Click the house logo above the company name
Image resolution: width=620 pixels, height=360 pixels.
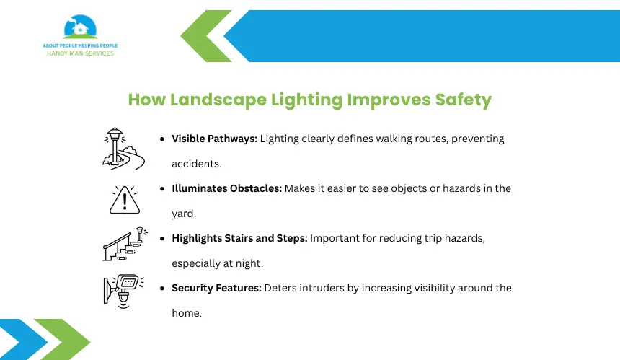(x=80, y=27)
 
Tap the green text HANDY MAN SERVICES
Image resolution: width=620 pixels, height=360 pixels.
(x=80, y=53)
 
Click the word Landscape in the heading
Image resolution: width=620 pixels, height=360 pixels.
(x=218, y=100)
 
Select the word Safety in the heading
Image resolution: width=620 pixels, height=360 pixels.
(x=464, y=100)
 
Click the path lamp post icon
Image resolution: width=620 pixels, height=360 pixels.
(x=123, y=149)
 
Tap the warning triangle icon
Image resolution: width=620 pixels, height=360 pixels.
(x=125, y=200)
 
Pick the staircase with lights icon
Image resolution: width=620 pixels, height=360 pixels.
(x=125, y=244)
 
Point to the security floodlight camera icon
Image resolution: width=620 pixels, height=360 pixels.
(x=124, y=291)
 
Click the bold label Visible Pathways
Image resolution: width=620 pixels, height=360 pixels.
(x=214, y=139)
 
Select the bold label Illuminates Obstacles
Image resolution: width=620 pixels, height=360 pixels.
(x=226, y=188)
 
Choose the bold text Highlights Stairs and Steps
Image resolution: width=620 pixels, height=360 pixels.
(x=239, y=239)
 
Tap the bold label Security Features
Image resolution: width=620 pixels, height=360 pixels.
(x=216, y=288)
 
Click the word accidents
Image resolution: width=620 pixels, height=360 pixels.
(x=197, y=164)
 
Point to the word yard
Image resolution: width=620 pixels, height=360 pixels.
(x=184, y=214)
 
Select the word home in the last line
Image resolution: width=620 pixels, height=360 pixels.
(x=187, y=313)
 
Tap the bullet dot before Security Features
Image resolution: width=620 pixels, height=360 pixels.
(x=162, y=289)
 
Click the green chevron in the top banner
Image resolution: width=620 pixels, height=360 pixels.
(x=206, y=36)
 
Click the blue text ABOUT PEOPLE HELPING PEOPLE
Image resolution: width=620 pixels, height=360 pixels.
(x=80, y=46)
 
